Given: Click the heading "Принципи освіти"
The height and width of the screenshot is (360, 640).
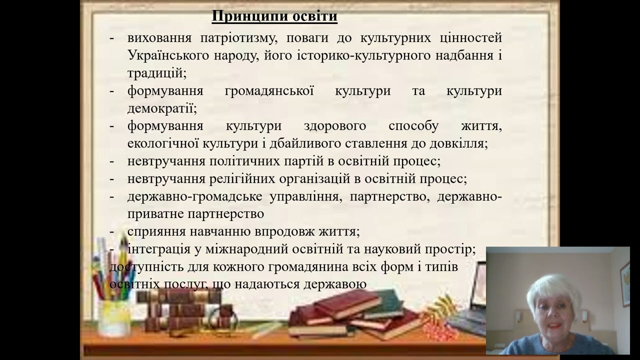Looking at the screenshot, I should click(x=274, y=16).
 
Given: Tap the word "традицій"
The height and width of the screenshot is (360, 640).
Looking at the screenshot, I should click(x=156, y=72).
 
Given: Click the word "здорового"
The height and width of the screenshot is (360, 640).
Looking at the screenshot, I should click(x=334, y=125).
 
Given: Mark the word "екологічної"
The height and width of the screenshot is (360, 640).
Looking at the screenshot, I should click(x=162, y=143).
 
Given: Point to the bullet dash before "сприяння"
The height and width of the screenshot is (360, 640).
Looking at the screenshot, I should click(x=112, y=232).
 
